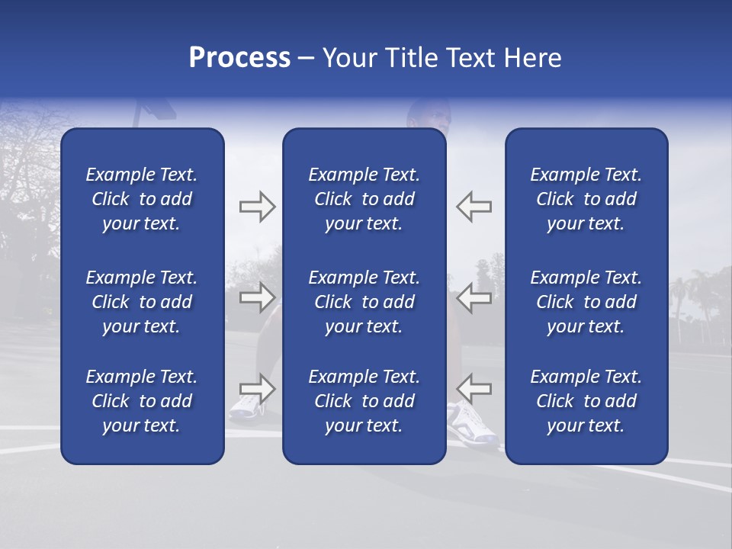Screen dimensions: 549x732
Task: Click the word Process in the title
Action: coord(239,58)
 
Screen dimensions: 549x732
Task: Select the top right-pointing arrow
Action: coord(257,207)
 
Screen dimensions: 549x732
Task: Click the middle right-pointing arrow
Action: coord(257,297)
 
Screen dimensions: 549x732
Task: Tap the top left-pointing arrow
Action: coord(474,207)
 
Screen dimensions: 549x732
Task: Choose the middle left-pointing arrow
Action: coord(474,297)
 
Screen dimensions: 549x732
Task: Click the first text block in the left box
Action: coord(142,199)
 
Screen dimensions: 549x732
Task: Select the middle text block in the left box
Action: coord(142,302)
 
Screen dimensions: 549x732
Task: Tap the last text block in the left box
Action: coord(142,401)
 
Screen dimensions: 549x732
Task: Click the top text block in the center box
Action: coord(364,199)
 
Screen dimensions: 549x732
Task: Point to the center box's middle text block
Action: coord(364,302)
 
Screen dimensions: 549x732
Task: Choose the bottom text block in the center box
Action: coord(364,401)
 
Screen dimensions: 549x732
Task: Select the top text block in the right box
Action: coord(586,199)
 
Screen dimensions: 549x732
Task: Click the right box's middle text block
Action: coord(586,302)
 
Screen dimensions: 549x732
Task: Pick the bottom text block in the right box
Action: coord(586,401)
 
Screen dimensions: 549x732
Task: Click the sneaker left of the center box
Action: coord(246,408)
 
